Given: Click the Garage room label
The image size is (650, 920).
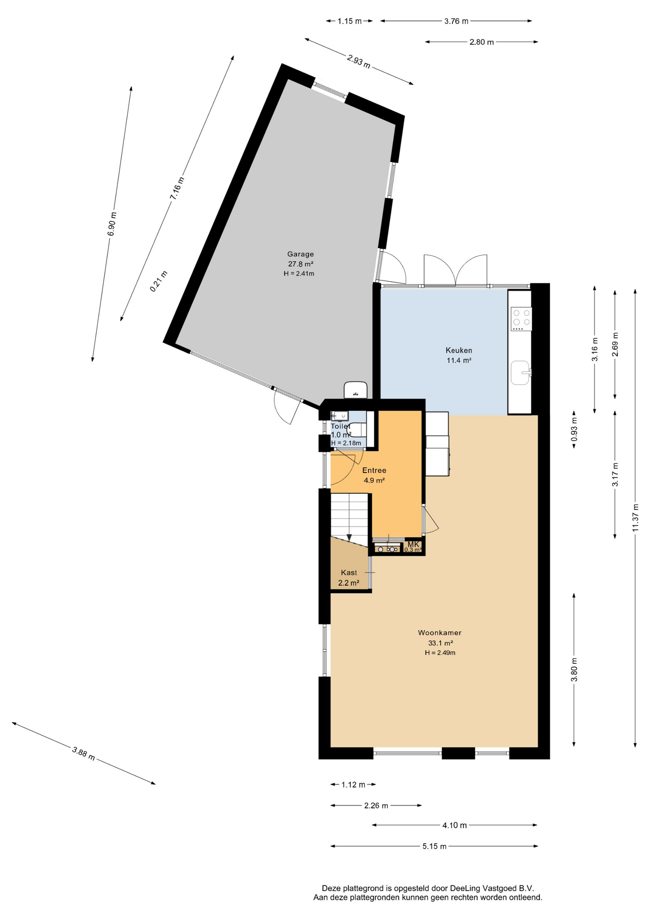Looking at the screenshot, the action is point(301,254).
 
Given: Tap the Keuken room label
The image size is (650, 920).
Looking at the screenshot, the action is point(459,350).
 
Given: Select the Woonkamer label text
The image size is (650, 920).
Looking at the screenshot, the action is point(439,632).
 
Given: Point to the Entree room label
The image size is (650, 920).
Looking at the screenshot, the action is point(374,470).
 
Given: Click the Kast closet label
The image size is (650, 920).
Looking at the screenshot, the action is point(349,573).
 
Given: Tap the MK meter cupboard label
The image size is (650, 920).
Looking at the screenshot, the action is point(413,544).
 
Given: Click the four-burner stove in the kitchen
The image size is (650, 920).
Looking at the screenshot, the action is point(521,319).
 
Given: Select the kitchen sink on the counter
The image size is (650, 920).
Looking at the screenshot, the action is point(521,373).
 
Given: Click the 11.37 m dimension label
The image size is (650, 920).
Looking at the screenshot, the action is point(635,517).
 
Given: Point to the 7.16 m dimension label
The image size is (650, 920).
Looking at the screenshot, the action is point(177,188).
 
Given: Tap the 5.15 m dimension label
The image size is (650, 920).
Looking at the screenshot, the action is point(434,846).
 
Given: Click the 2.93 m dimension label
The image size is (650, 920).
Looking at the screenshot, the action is point(359,61).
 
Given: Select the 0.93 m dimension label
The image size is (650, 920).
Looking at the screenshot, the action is point(574,429).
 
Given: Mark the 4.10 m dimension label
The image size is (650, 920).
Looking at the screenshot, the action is point(454,825).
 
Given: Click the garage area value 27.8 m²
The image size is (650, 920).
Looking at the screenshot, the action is point(301,264).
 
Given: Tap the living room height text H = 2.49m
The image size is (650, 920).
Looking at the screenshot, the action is point(440,653).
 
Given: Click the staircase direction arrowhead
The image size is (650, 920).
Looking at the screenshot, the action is point(349,537).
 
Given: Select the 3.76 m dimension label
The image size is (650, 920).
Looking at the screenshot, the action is point(456,21).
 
